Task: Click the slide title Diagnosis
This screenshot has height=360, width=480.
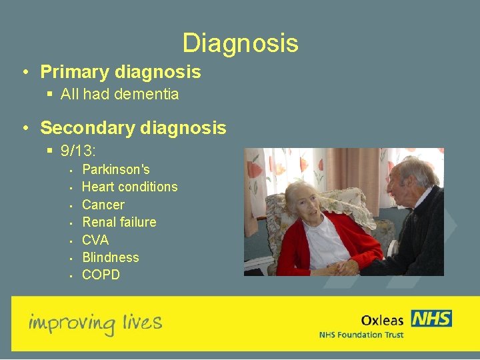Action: [x=240, y=43]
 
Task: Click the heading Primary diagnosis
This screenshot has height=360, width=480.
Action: [x=120, y=71]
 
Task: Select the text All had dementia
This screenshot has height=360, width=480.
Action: [x=119, y=94]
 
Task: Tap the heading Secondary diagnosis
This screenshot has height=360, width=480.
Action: [x=133, y=127]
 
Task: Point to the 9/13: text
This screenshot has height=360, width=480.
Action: [x=79, y=151]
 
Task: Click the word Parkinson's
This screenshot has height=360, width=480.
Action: [x=115, y=169]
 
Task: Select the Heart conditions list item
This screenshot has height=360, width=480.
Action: [x=129, y=187]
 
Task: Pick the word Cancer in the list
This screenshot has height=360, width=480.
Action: [x=103, y=205]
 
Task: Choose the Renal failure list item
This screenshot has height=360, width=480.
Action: [x=119, y=222]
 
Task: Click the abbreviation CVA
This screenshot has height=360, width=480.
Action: [x=95, y=239]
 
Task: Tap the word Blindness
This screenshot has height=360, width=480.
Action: [x=110, y=257]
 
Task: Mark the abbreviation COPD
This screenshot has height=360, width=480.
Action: [x=101, y=275]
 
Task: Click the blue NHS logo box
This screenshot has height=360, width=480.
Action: [x=431, y=318]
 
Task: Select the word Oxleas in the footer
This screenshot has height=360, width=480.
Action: [x=382, y=321]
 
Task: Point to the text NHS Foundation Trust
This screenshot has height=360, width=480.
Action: [x=361, y=335]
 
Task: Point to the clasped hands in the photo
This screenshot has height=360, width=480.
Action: [x=347, y=267]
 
